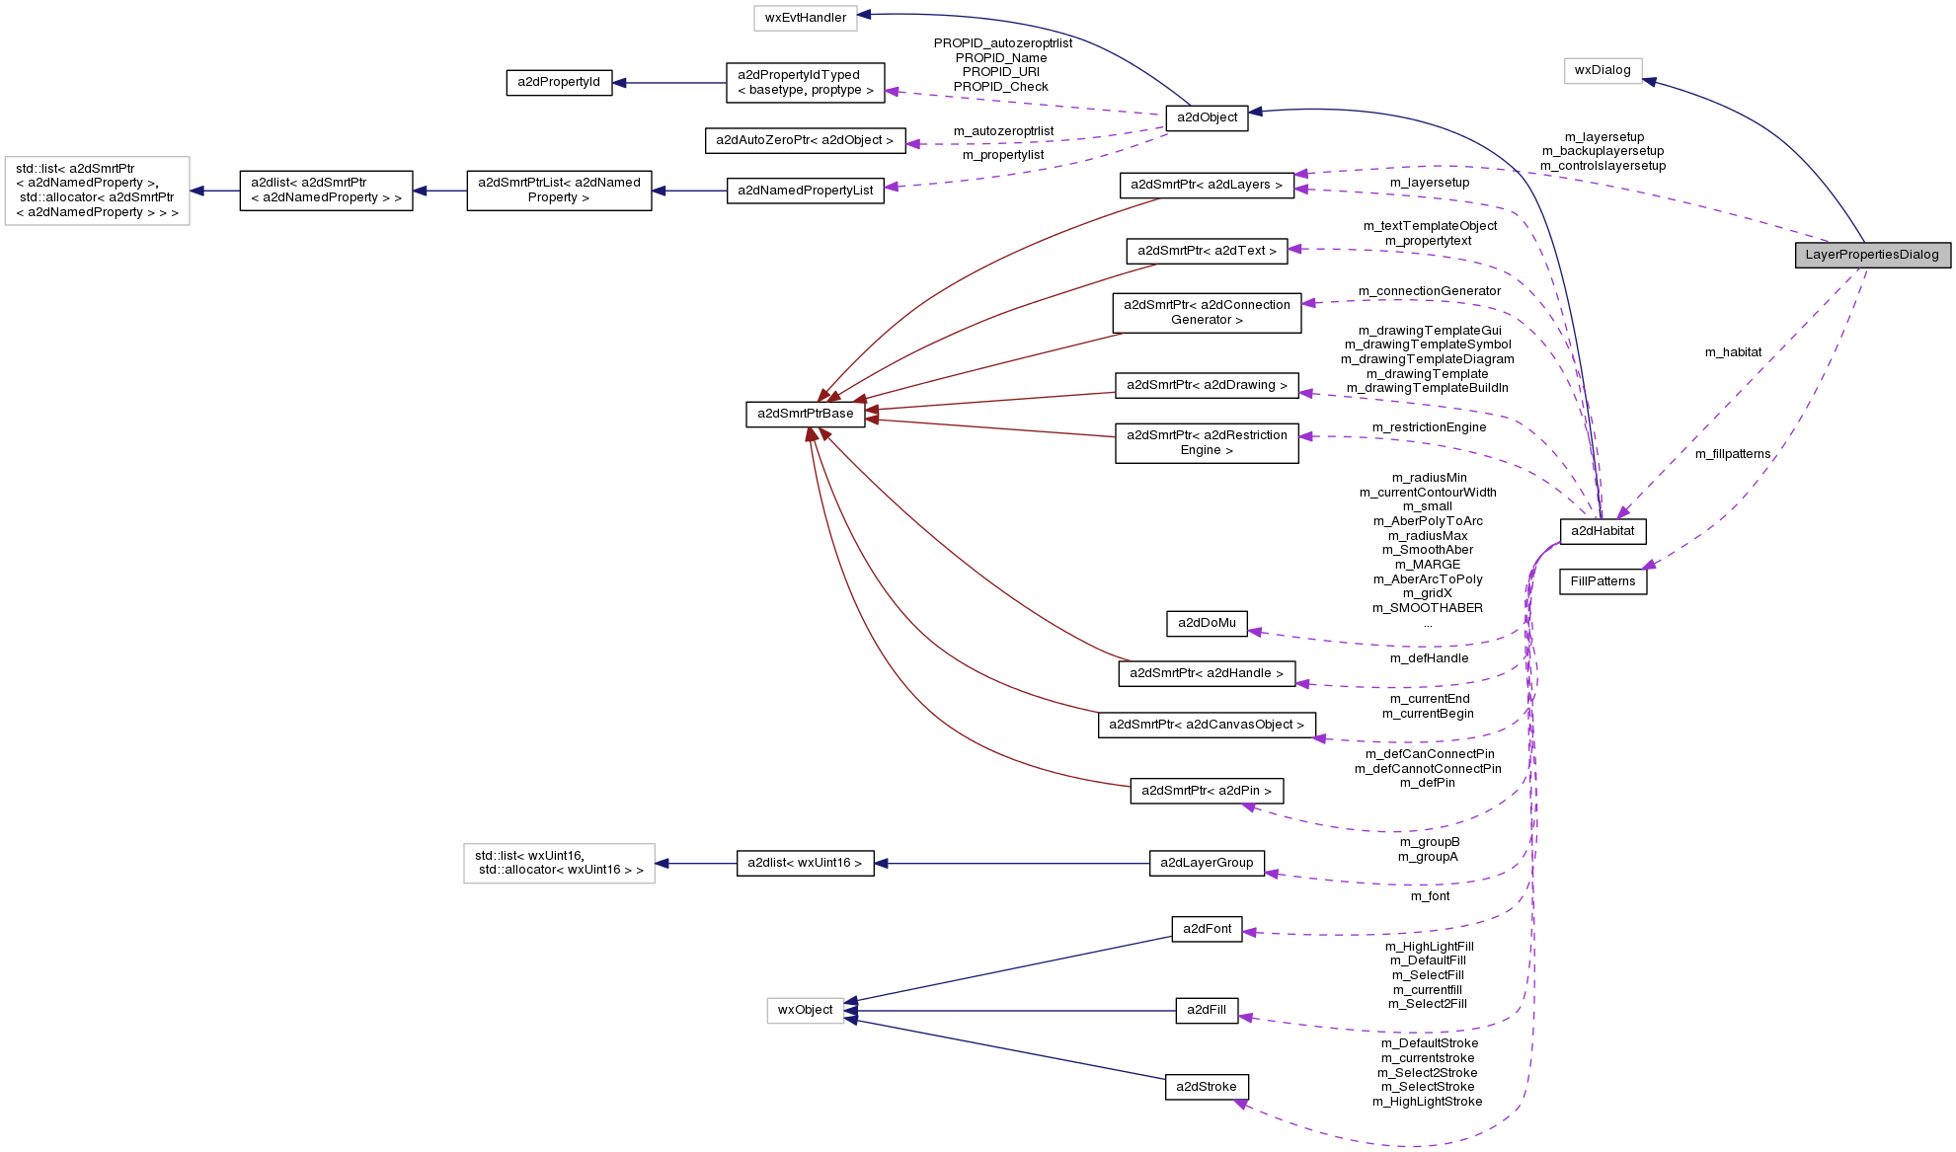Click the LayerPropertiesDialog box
[x=1872, y=255]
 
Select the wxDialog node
[x=1603, y=70]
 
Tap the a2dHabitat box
[x=1603, y=531]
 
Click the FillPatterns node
[x=1603, y=581]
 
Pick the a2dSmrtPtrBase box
[x=805, y=414]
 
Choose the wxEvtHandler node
[x=805, y=18]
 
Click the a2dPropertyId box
[x=558, y=82]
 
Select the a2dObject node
[x=1207, y=117]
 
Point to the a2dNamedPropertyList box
[x=805, y=191]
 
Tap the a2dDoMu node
[x=1207, y=623]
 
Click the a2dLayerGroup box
[x=1207, y=863]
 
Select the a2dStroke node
[x=1207, y=1087]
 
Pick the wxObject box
[x=805, y=1010]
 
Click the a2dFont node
[x=1207, y=929]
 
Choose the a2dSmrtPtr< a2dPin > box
[x=1207, y=791]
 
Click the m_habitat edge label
[x=1733, y=352]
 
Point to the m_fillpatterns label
[x=1733, y=454]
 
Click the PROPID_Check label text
[x=1001, y=87]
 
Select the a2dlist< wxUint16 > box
[x=805, y=863]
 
